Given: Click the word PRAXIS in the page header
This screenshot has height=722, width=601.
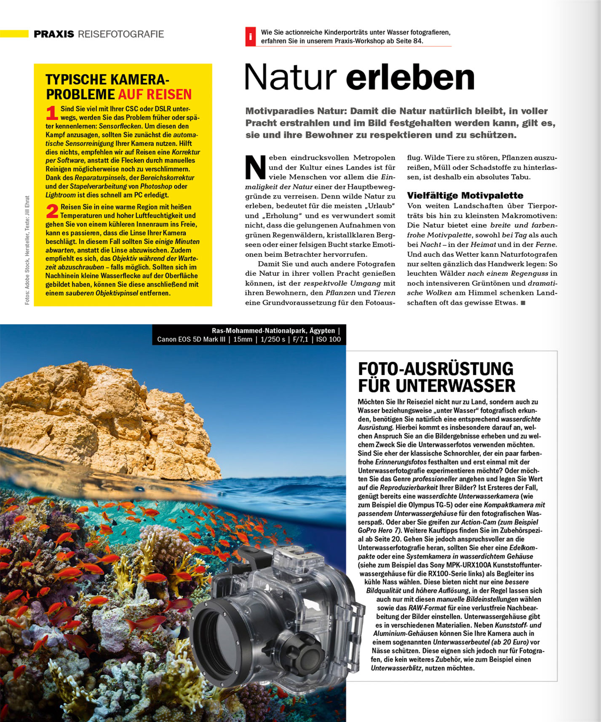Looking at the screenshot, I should click(x=53, y=34).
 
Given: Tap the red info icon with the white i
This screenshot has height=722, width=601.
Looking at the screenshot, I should click(x=251, y=37).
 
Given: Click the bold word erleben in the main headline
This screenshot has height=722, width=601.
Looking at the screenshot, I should click(x=410, y=77).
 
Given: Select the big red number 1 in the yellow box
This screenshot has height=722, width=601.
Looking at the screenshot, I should click(x=52, y=113).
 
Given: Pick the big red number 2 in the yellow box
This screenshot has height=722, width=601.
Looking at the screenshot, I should click(x=52, y=211).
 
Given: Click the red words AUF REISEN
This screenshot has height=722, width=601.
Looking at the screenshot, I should click(x=155, y=94).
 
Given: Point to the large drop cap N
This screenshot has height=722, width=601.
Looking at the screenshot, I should click(x=255, y=167).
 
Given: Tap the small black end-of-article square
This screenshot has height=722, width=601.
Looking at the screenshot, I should click(x=523, y=303).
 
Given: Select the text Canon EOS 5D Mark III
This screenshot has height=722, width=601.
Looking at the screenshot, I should click(x=191, y=339).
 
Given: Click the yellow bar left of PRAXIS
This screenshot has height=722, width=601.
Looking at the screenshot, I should click(x=14, y=34).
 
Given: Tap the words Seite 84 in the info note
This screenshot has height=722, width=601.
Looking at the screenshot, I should click(x=409, y=41).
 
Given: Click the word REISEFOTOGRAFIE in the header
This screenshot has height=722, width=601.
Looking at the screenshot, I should click(x=121, y=34).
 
